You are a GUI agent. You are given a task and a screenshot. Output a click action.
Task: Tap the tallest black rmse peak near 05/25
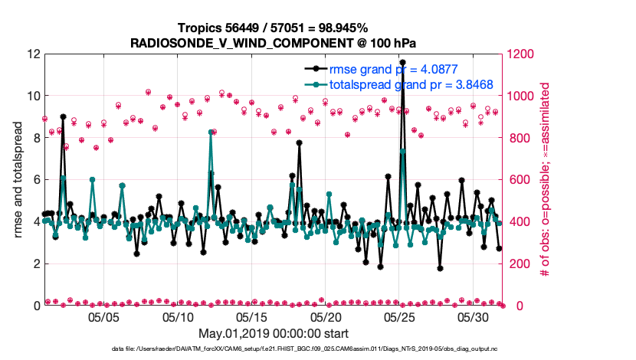(403, 63)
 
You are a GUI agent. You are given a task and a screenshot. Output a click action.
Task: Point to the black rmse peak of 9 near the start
(63, 117)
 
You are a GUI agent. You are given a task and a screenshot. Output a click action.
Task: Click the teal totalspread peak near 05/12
(211, 133)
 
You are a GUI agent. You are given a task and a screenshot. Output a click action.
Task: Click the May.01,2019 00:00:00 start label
(274, 334)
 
